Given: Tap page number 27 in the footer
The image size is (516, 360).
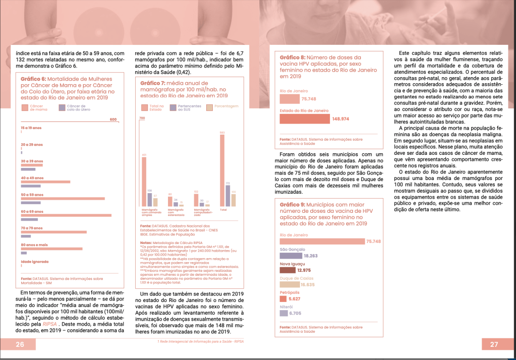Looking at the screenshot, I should pos(493,345).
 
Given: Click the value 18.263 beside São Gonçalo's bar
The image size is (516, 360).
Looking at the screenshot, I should pos(310,256).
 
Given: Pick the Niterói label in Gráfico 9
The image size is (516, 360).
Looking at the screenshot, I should pos(286,306).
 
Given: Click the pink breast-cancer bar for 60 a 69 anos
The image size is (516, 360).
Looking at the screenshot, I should pos(66,216).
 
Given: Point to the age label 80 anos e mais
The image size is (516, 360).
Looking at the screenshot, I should pos(34,245).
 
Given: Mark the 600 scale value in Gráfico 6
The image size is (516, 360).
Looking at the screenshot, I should pos(113,119).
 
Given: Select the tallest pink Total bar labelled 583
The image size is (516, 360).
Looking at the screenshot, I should pos(222,171).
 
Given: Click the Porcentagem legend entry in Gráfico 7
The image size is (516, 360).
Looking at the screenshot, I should pos(226,106).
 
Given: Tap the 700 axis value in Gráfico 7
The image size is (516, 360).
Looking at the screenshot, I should pos(142,118).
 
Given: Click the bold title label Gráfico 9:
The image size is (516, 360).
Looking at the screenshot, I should pos(293,205).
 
